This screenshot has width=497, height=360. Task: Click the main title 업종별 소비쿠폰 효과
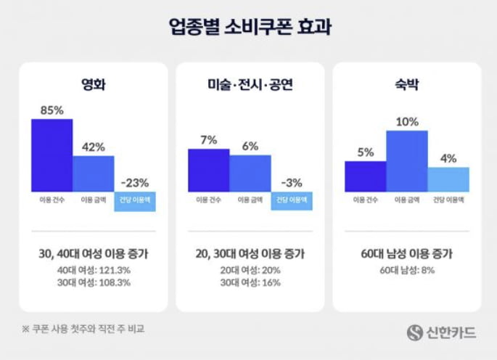[x=248, y=27]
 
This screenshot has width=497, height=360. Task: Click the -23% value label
[x=134, y=183]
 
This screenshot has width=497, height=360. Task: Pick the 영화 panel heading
[x=93, y=86]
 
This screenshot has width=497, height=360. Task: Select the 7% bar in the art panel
[x=209, y=170]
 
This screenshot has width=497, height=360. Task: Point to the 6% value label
[x=250, y=146]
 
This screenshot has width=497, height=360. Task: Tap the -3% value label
[x=292, y=183]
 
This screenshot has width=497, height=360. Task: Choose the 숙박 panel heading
[x=407, y=86]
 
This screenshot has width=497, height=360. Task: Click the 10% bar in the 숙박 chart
[x=407, y=160]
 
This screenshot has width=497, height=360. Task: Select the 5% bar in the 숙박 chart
[x=366, y=176]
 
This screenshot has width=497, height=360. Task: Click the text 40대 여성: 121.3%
[x=93, y=269]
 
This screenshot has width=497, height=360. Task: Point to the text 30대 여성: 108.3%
[x=93, y=282]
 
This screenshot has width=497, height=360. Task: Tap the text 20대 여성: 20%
[x=250, y=269]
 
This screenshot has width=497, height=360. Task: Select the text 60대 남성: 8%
[x=407, y=269]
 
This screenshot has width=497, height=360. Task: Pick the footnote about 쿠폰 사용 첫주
[x=83, y=329]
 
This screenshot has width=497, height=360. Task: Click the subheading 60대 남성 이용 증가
[x=407, y=254]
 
